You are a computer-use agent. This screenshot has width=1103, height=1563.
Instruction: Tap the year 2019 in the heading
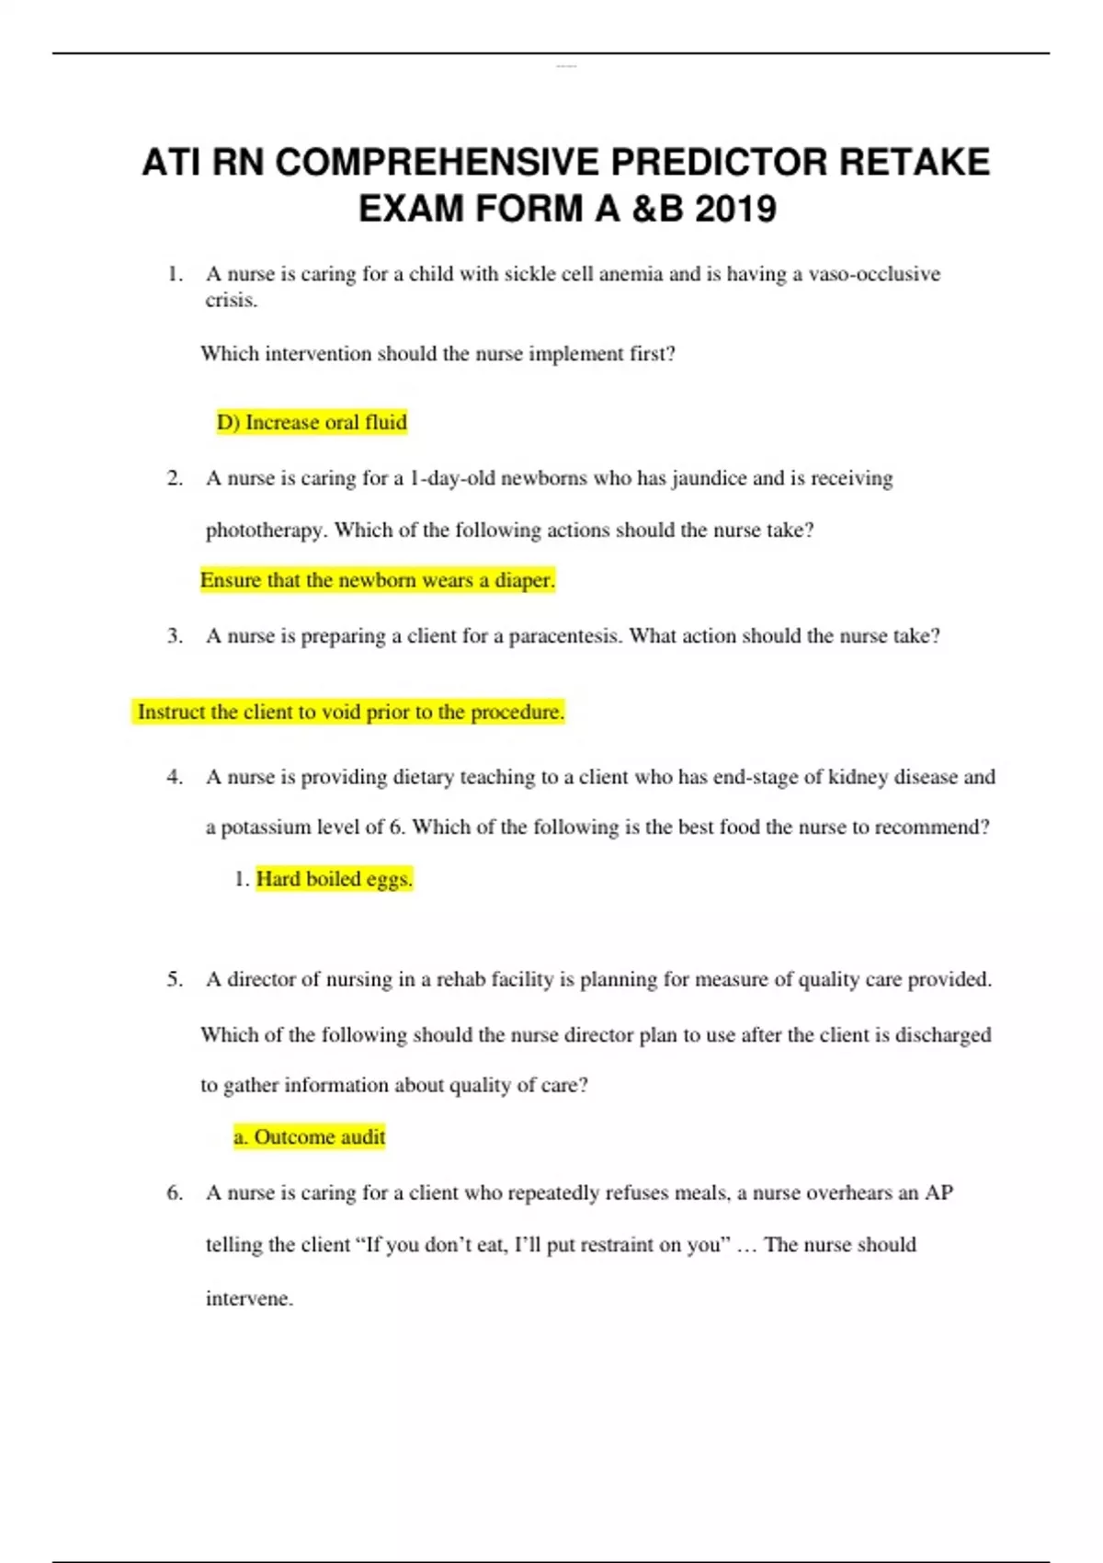pos(735,210)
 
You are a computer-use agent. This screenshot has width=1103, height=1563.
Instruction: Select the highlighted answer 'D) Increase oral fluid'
pos(312,422)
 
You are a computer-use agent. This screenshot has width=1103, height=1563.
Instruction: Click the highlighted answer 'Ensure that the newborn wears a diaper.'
pos(378,580)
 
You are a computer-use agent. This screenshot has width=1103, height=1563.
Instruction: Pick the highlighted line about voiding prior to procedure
pos(350,712)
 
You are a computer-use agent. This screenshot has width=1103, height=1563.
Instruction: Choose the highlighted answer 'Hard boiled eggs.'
pos(335,879)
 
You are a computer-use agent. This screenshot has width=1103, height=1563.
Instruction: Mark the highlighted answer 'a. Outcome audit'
pos(310,1137)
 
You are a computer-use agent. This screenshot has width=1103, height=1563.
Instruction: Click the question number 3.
pos(175,636)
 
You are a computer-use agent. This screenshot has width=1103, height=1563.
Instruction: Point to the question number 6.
pos(175,1192)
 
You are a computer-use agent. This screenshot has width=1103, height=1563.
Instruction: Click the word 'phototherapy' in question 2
pos(266,531)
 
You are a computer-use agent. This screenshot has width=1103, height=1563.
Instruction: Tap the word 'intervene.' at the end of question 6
pos(249,1299)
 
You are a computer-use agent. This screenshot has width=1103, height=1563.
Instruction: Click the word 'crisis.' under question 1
pos(231,301)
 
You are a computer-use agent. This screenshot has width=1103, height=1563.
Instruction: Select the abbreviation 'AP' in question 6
pos(938,1192)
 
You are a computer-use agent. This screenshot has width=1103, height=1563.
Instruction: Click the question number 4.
pos(175,777)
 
